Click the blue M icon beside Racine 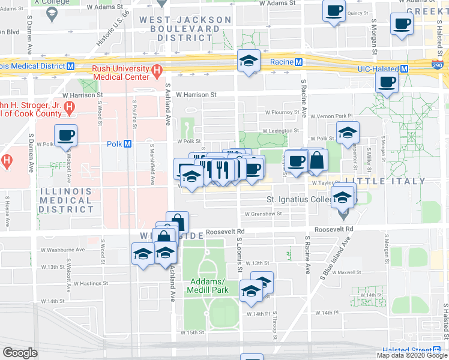click(298, 62)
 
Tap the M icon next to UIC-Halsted click(404, 68)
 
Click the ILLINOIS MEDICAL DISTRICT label click(66, 200)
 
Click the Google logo click(20, 353)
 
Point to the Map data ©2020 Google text click(411, 355)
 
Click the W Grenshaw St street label click(263, 214)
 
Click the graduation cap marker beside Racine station click(247, 61)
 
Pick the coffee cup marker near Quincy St click(334, 10)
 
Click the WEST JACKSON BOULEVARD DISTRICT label click(185, 29)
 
